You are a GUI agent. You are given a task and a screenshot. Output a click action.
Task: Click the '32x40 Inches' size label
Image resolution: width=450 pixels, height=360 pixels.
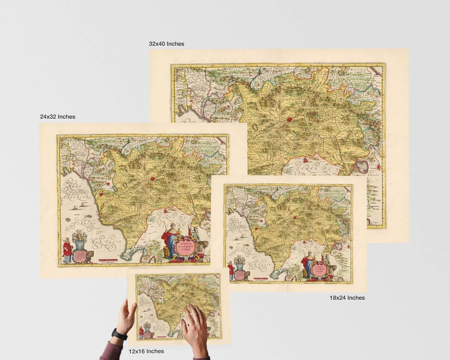[166, 44]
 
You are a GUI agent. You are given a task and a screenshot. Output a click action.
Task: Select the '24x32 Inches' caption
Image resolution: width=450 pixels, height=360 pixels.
[58, 116]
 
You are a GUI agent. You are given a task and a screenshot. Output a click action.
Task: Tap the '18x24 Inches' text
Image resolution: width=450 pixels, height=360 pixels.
[347, 298]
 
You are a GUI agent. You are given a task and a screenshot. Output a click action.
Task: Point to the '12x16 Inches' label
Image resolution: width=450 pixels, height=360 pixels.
[146, 351]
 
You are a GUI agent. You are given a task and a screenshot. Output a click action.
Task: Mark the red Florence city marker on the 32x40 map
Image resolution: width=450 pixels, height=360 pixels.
[289, 119]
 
